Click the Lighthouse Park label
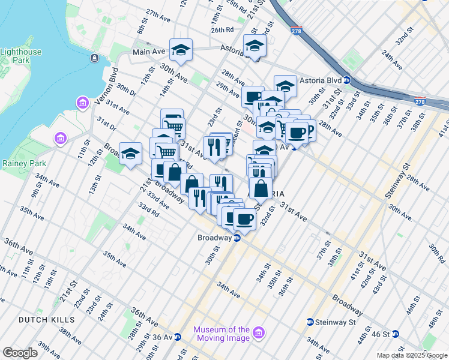coord(21,56)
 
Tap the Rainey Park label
coord(20,162)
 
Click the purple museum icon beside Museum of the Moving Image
coord(259,332)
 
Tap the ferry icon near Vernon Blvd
coord(95,58)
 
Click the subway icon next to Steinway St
coord(310,322)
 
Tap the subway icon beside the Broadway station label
coord(237,238)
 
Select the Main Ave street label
coord(149,52)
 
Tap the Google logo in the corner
coord(20,352)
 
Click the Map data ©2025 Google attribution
coord(411,355)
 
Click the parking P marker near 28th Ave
coord(307,131)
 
